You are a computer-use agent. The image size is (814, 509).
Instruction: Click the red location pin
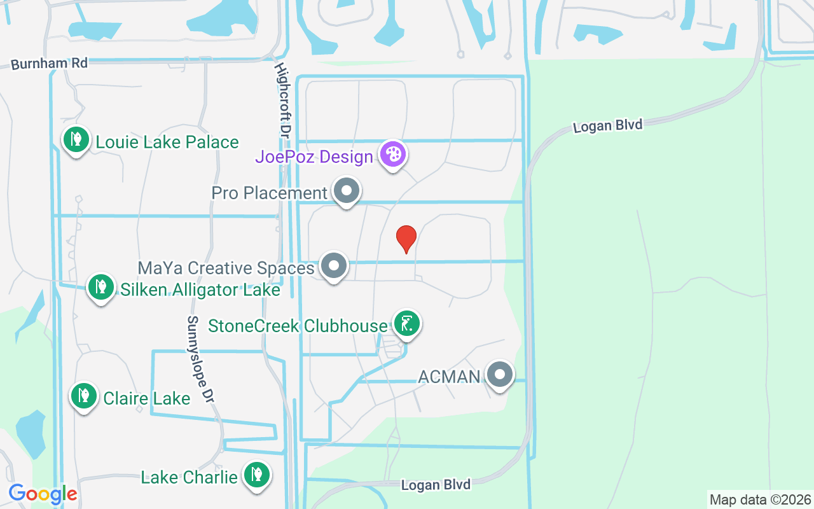coord(406,239)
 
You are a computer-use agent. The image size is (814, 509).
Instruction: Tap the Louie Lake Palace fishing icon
coord(76,139)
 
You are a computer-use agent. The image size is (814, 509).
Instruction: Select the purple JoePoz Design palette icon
coord(393,155)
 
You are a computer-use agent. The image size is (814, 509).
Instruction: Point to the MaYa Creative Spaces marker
coord(333,266)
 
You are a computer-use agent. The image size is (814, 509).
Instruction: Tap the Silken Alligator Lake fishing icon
coord(100,288)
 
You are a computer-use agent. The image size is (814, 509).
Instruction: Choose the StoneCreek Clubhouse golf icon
coord(406,324)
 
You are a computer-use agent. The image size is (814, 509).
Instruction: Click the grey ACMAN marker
coord(500,375)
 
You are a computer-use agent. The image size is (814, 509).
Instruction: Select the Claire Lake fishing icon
coord(83,396)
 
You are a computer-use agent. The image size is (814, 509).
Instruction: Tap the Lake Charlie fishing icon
coord(256,475)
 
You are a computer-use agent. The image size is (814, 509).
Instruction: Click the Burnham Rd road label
coord(49,64)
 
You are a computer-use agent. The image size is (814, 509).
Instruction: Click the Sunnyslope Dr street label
coord(199,359)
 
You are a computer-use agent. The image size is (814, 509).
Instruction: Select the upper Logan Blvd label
coord(607,125)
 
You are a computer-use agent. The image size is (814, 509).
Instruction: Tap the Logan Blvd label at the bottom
coord(436,485)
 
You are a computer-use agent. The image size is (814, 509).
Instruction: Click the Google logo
coord(43,494)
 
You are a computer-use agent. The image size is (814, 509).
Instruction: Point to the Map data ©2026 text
coord(760,499)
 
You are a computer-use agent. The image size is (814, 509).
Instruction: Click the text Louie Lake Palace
coord(167,142)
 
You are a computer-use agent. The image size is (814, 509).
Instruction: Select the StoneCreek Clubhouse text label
coord(298,326)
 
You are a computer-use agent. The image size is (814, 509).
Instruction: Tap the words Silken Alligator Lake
coord(200,290)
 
